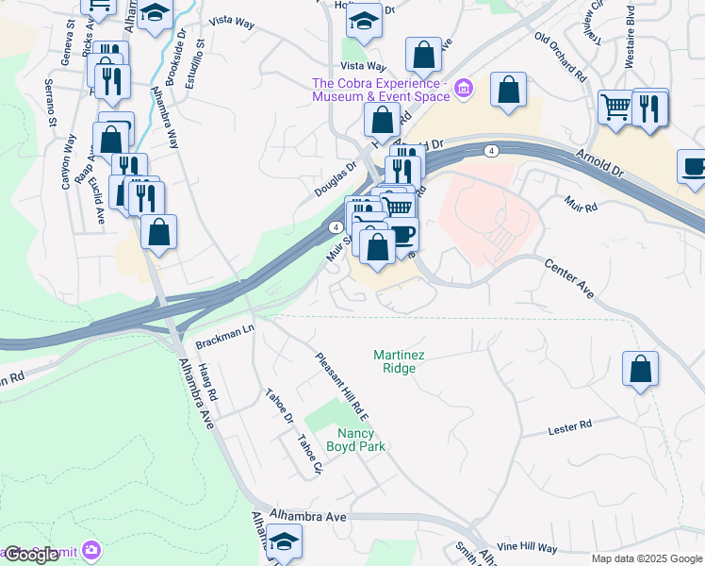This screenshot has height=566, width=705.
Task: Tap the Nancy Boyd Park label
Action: (355, 439)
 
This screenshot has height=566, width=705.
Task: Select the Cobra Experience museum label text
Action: (381, 90)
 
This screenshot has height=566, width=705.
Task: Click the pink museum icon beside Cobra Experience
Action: (463, 91)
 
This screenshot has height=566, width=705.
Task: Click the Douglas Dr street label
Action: (336, 180)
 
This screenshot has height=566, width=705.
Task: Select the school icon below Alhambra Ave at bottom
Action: (283, 543)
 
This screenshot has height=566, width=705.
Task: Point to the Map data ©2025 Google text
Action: (646, 558)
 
